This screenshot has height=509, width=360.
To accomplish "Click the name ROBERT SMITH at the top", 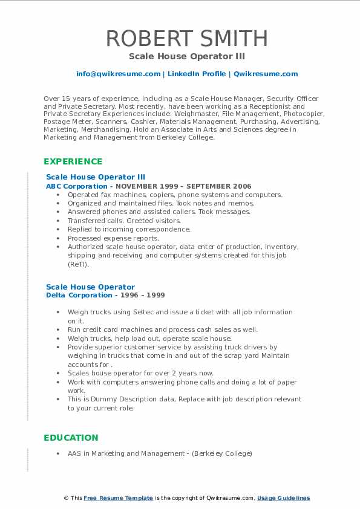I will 186,38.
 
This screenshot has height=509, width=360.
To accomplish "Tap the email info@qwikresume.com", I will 118,74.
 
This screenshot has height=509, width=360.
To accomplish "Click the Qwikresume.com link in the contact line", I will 266,74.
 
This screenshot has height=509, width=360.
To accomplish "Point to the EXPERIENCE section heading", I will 73,161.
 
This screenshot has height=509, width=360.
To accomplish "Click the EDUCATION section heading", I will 70,438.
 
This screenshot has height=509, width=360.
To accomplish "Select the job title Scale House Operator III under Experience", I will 96,177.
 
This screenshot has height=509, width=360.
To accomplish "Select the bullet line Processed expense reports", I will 113,238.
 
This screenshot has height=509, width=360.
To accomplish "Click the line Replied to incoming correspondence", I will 129,230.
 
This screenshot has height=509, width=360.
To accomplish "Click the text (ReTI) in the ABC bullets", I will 78,264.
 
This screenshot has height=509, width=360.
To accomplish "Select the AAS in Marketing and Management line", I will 160,453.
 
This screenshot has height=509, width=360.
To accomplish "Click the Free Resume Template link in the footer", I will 119,498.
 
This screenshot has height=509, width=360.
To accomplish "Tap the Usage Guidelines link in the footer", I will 283,498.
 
